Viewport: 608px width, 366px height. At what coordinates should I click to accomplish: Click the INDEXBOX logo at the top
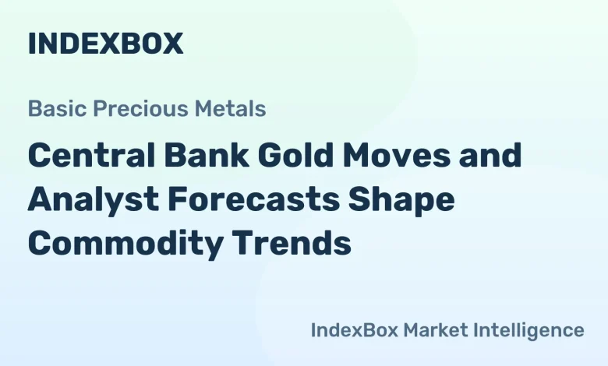(105, 44)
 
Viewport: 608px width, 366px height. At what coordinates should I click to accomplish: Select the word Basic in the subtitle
(51, 109)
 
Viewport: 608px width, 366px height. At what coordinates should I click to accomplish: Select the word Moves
(416, 156)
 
